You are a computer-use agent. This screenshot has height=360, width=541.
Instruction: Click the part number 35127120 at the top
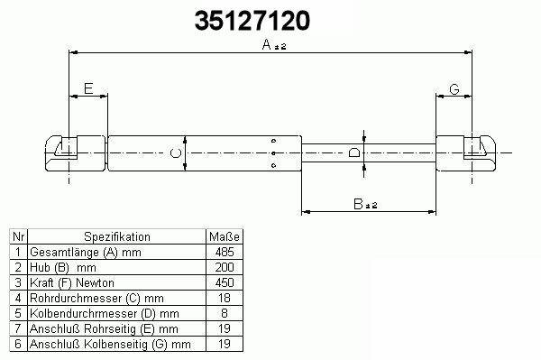tap(252, 21)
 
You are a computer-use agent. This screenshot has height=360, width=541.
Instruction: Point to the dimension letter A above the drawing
tap(267, 44)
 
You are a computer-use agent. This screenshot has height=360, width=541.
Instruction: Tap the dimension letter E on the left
tap(88, 88)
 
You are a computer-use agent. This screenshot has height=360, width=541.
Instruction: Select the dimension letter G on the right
tap(454, 89)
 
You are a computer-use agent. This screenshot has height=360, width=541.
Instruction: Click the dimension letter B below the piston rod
tap(358, 204)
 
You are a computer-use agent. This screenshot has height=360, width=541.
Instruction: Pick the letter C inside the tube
tap(176, 152)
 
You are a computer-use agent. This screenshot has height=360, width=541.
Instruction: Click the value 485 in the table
tap(225, 253)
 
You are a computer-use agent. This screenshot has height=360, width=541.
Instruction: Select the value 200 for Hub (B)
tap(225, 267)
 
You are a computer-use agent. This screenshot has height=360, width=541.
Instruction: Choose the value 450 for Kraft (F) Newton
tap(225, 282)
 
